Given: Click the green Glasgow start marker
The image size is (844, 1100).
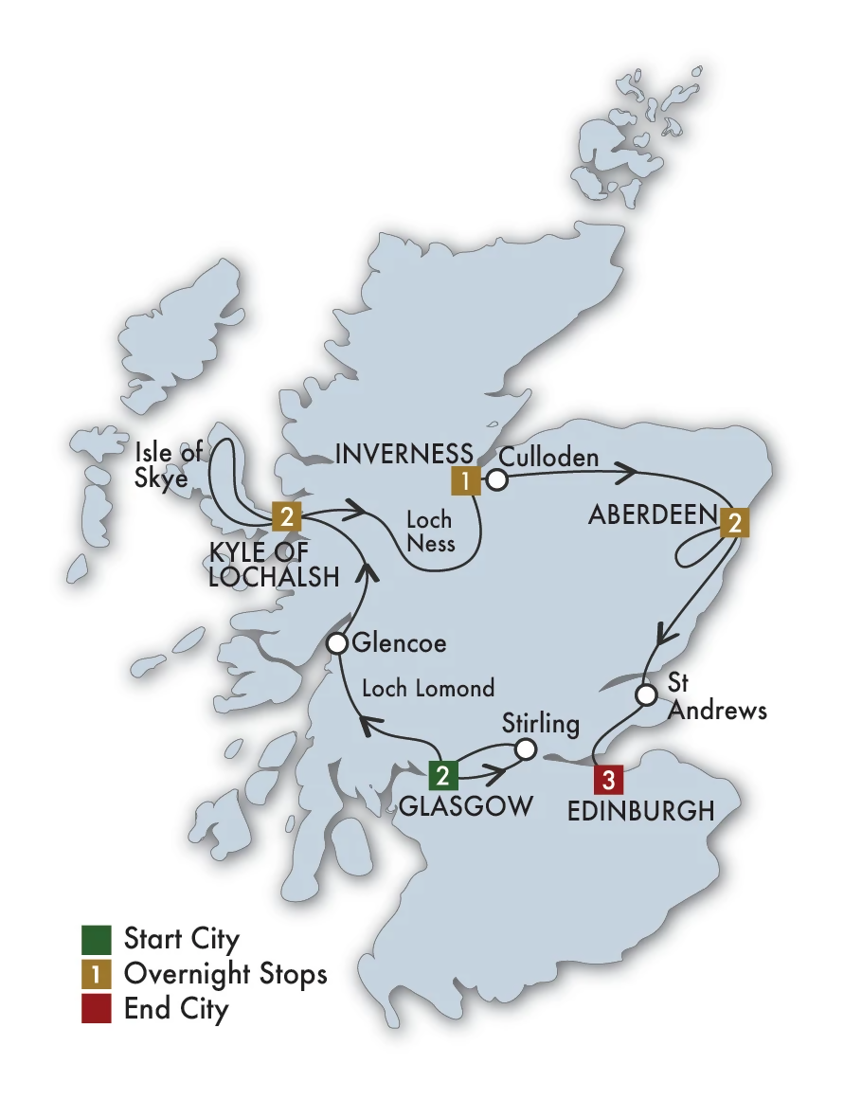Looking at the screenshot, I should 442,775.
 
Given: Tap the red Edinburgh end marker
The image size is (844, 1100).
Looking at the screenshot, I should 608,780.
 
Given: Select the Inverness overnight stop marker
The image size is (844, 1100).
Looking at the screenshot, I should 465,480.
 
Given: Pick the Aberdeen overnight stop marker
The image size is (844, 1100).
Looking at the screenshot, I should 734,523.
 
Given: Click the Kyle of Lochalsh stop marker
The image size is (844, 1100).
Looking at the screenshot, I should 286,516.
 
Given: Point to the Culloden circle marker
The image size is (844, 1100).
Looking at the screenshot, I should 496,480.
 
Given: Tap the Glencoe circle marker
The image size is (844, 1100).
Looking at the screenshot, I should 337,644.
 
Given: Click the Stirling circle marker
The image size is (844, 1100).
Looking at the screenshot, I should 525,749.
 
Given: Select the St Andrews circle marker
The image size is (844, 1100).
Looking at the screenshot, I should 645,695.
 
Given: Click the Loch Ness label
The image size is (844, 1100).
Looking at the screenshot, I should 430,532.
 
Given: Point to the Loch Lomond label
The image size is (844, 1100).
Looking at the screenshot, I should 428,689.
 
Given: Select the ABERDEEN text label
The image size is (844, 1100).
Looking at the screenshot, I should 652,514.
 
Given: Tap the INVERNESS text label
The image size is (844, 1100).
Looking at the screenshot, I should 404,454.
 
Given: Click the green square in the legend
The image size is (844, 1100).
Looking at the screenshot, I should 97,940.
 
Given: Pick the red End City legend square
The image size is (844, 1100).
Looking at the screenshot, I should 97,1009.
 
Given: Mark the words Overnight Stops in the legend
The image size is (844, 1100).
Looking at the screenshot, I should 225,974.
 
